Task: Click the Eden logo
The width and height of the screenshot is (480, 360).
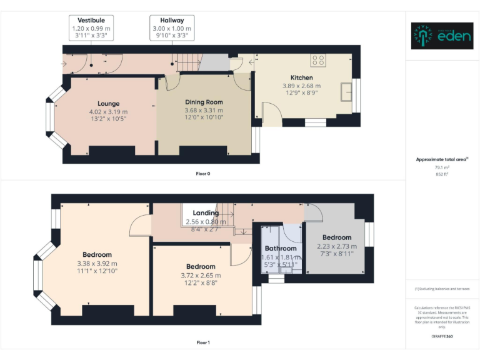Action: (442, 36)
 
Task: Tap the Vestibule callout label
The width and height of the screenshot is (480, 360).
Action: (91, 28)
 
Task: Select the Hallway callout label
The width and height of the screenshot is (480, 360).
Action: (172, 28)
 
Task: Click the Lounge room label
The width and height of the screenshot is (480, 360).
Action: (108, 103)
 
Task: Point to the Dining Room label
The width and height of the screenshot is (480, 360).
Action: (204, 102)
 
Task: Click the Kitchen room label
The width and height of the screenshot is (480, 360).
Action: (301, 77)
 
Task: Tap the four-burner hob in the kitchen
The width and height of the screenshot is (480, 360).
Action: (318, 60)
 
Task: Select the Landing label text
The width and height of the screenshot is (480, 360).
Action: (206, 213)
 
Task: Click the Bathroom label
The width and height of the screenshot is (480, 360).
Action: (280, 248)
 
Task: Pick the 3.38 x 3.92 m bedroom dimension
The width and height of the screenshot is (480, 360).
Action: (97, 263)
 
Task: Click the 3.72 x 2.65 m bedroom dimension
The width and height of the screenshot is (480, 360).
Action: (201, 275)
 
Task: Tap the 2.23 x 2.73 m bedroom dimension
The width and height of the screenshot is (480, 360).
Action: (337, 246)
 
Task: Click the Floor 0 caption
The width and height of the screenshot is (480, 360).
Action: (202, 173)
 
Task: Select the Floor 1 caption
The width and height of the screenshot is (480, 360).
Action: (202, 342)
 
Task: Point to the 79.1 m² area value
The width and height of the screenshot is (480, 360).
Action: (442, 167)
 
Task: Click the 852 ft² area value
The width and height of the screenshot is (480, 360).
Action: (442, 174)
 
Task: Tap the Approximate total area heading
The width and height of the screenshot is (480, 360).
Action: (442, 159)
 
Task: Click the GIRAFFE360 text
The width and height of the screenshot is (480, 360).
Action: (442, 337)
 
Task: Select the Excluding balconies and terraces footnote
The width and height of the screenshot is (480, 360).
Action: (442, 289)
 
